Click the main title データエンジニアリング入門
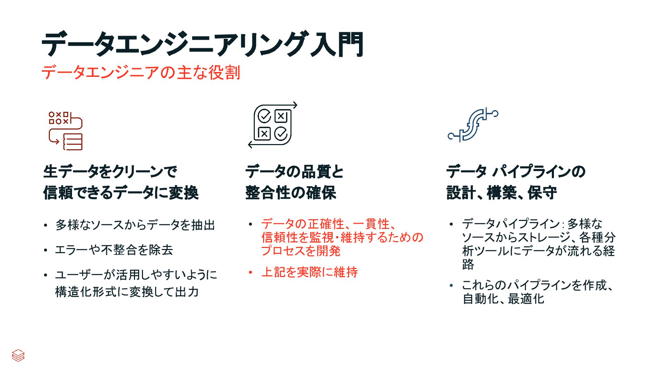click(x=202, y=44)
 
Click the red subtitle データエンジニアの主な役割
click(x=141, y=73)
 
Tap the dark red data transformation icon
click(x=66, y=131)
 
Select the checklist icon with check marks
click(x=273, y=125)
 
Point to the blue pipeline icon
click(x=473, y=125)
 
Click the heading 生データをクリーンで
click(x=110, y=171)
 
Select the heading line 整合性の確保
click(x=290, y=193)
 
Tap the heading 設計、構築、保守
click(x=502, y=193)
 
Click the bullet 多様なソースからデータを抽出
click(x=135, y=225)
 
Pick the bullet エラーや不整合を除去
click(x=114, y=250)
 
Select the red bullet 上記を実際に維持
click(x=309, y=272)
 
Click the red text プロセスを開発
click(x=301, y=251)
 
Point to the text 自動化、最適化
click(x=503, y=299)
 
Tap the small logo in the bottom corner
click(x=18, y=355)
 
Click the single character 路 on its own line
click(x=468, y=264)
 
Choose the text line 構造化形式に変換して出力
click(x=127, y=292)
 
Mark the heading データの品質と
click(x=294, y=171)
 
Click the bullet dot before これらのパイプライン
click(x=451, y=285)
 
